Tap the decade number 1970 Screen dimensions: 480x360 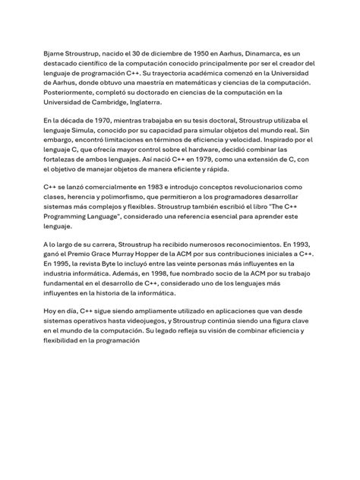click(x=104, y=122)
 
